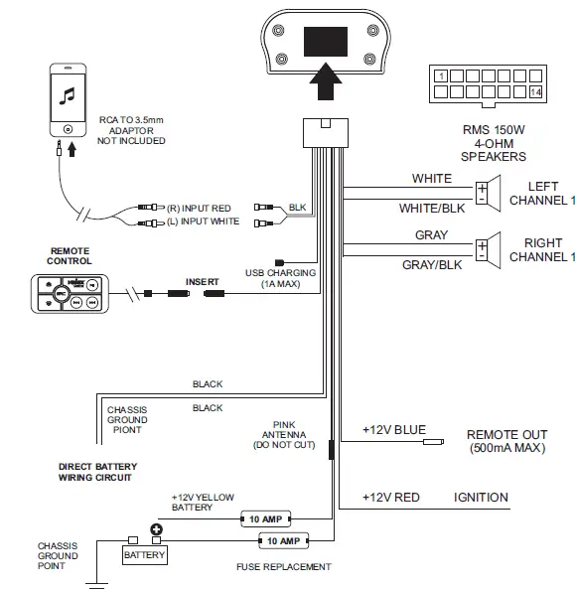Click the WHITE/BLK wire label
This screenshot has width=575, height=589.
431,209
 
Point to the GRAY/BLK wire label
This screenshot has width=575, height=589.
430,265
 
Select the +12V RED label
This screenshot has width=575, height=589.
390,497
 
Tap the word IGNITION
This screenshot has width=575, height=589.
481,497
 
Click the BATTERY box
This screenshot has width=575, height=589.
144,555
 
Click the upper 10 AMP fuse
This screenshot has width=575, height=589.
265,518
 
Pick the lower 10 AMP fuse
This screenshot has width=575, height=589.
282,541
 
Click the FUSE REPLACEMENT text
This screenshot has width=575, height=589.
283,567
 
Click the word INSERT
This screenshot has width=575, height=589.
202,282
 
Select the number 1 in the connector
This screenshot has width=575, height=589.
441,74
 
